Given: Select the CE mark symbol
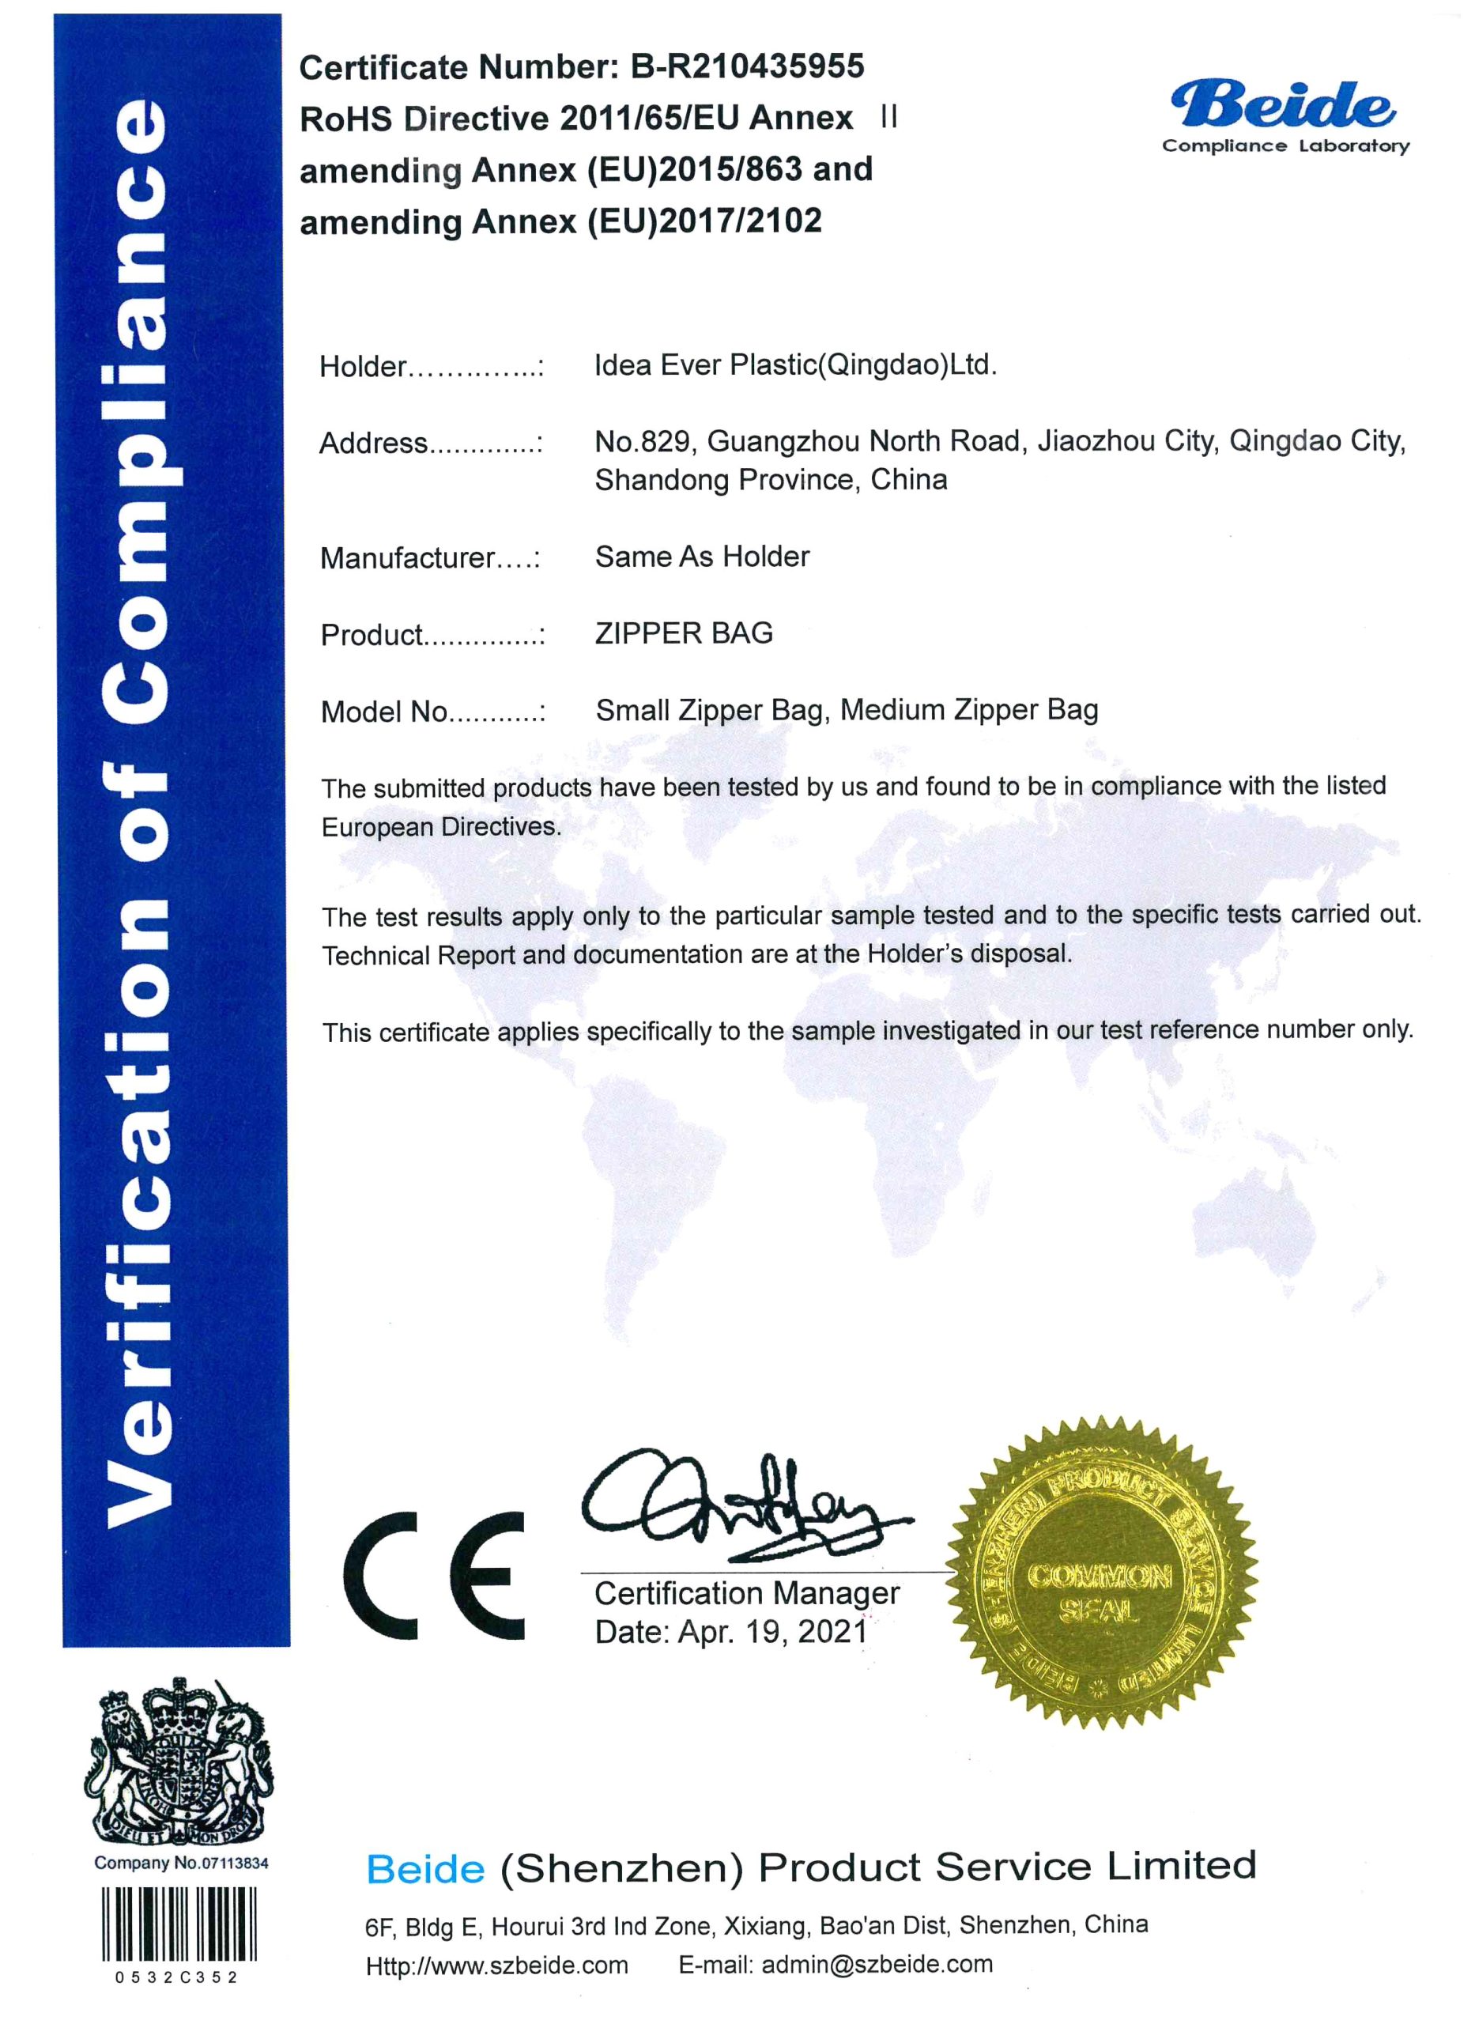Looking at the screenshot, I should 435,1576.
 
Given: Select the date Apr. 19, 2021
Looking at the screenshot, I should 772,1632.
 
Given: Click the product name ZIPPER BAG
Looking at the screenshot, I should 684,633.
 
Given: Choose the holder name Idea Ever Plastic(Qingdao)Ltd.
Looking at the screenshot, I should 795,364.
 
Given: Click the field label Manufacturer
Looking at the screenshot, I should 407,558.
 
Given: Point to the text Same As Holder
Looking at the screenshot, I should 702,557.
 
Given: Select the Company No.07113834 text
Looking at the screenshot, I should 181,1863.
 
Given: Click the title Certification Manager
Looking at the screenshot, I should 746,1593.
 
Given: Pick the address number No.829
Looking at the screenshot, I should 642,441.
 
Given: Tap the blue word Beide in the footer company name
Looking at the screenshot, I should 425,1870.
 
